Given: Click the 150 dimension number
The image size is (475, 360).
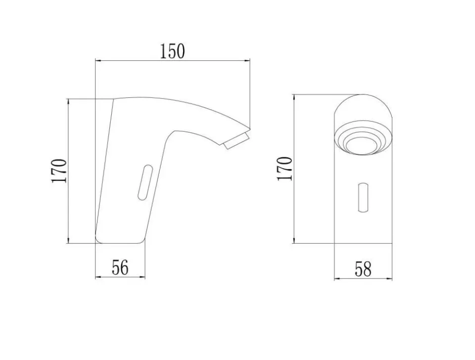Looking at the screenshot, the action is click(172, 51).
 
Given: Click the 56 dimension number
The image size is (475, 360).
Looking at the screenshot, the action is click(120, 267).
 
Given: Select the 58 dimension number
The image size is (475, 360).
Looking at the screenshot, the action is click(363, 269).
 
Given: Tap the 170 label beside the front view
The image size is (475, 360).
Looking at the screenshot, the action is click(285, 169).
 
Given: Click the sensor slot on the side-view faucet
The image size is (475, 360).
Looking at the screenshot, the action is click(145, 182).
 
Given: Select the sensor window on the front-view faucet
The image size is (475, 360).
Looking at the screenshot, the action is click(363, 197).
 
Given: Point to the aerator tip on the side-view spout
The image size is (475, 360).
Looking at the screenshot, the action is click(237, 141).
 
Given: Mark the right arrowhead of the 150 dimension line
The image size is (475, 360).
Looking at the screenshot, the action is click(247, 60).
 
